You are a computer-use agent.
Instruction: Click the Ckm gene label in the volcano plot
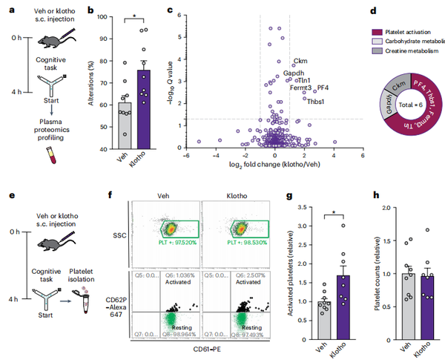pyautogui.click(x=301, y=60)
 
